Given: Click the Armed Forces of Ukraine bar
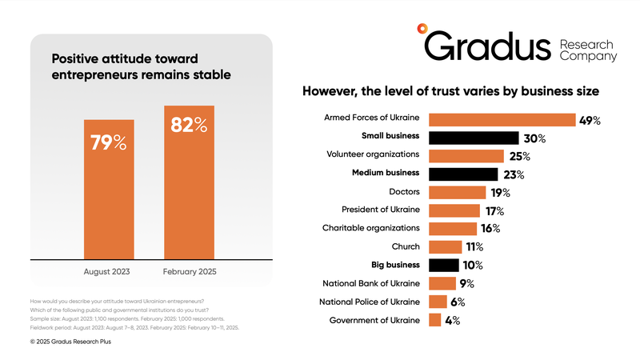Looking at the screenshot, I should (502, 120).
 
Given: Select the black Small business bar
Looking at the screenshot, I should (474, 138).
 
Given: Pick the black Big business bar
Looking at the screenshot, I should (444, 265).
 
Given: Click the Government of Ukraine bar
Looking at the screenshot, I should (435, 321).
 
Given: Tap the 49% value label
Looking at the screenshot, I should (590, 120).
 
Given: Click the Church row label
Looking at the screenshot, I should (406, 247).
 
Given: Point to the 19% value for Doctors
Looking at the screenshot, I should (500, 192).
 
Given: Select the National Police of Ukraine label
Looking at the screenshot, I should (369, 302).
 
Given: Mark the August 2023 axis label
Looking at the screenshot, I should (110, 272).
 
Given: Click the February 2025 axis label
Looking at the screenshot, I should (189, 272).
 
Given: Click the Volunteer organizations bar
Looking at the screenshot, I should (466, 156).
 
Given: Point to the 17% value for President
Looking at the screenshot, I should (494, 211).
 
